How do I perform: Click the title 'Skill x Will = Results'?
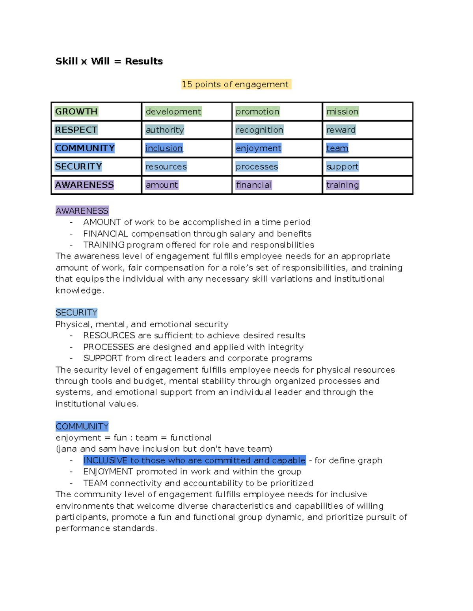(109, 61)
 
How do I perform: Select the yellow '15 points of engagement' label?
(236, 84)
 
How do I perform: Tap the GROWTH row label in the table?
(76, 111)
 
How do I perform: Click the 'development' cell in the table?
(173, 111)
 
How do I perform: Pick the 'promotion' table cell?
(257, 111)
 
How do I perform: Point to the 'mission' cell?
(342, 111)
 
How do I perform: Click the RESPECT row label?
(76, 130)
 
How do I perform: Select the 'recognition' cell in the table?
(259, 130)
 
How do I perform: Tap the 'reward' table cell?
(341, 130)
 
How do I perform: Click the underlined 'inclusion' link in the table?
(164, 148)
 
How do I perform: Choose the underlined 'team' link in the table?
(337, 148)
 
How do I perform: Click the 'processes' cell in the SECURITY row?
(257, 166)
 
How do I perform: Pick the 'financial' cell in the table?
(253, 185)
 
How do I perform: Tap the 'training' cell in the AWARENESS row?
(343, 185)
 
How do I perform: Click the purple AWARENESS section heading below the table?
(82, 211)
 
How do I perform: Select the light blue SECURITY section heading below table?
(76, 313)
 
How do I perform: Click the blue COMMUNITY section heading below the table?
(82, 426)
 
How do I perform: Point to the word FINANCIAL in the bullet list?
(105, 234)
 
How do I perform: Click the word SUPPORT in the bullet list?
(102, 358)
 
